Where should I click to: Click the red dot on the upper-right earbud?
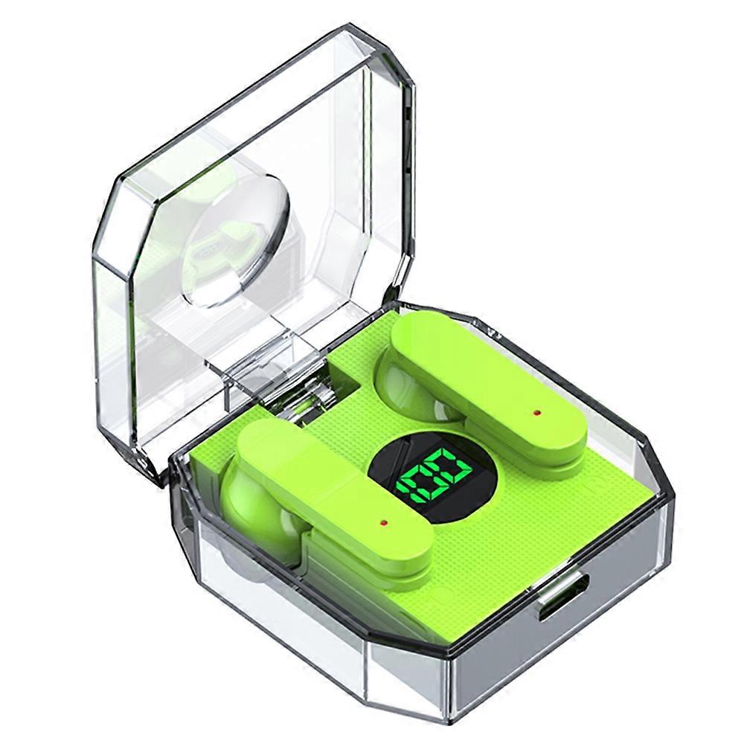[x=536, y=412]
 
